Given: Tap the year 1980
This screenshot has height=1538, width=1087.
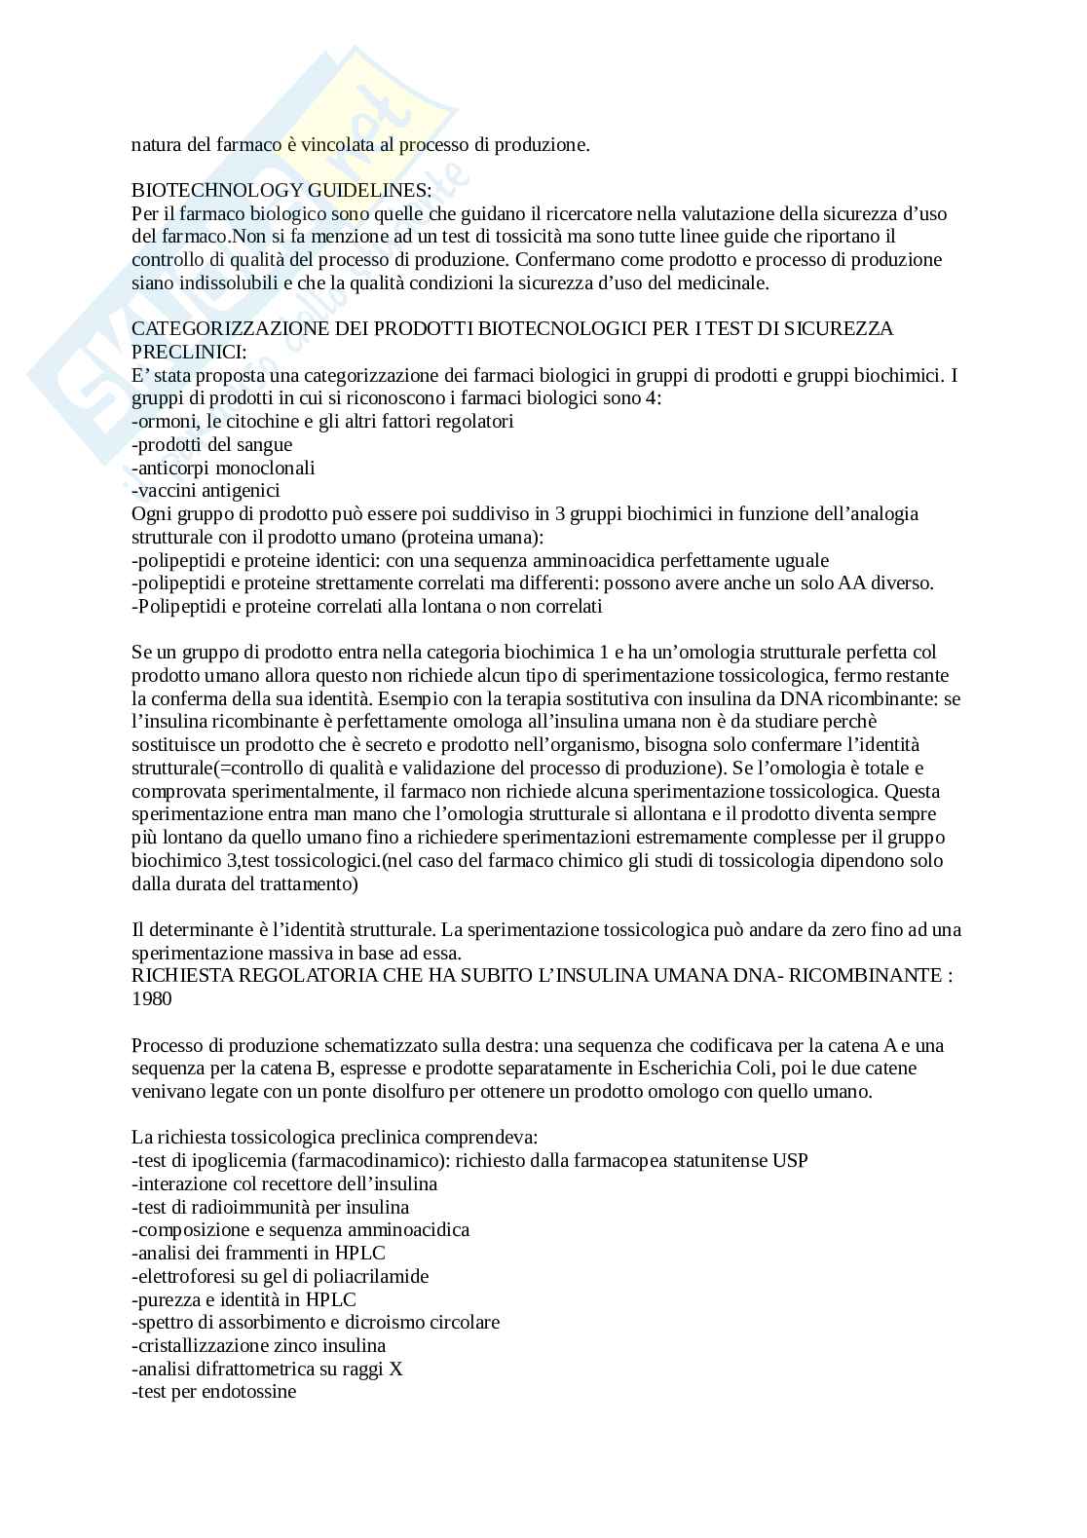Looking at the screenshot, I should [151, 998].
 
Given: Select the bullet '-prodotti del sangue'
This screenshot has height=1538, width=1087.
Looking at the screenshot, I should [211, 444].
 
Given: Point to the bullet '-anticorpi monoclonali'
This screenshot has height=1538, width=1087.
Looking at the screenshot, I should [223, 468].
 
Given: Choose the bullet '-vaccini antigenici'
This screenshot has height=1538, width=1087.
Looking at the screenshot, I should [206, 491].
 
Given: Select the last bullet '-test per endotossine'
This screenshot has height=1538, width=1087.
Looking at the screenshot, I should [213, 1392].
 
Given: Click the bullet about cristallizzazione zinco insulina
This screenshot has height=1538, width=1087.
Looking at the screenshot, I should [258, 1345].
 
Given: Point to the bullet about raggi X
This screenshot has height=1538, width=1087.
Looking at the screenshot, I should [267, 1369].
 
